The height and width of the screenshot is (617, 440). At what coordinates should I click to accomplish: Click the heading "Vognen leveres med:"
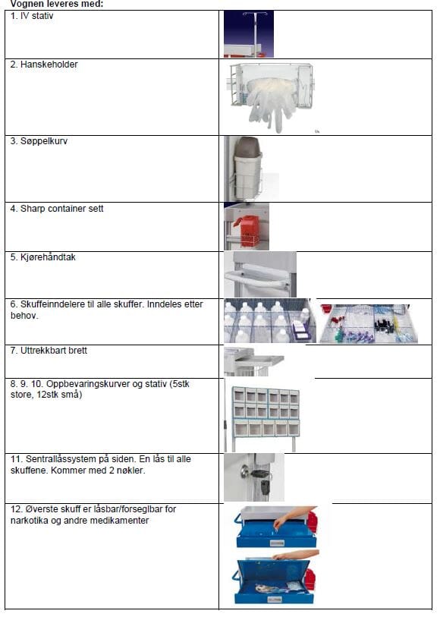coord(57,4)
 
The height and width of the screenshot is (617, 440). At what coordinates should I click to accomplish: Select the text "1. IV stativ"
coord(32,16)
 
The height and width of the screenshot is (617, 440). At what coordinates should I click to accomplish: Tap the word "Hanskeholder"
coord(49,65)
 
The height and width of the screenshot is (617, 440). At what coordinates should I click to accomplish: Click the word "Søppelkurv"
coord(44,141)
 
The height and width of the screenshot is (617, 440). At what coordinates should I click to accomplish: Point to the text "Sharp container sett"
coord(61,209)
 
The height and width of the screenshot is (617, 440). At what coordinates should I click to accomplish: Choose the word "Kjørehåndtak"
coord(48,257)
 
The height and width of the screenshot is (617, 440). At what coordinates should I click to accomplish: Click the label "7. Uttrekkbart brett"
coord(49,351)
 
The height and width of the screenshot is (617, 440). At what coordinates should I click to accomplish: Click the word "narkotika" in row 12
coord(30,521)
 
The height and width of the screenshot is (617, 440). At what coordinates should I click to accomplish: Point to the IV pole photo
coord(249,34)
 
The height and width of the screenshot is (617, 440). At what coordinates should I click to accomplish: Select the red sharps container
coord(247,230)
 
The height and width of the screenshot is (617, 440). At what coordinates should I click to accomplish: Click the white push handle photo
coord(260,274)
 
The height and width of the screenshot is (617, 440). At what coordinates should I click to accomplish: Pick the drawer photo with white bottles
coord(270,321)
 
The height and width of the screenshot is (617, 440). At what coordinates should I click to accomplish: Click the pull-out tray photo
coord(254,361)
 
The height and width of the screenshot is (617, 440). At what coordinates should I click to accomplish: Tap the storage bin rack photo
coord(266,418)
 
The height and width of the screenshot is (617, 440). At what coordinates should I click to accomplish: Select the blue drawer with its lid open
coord(275,578)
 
